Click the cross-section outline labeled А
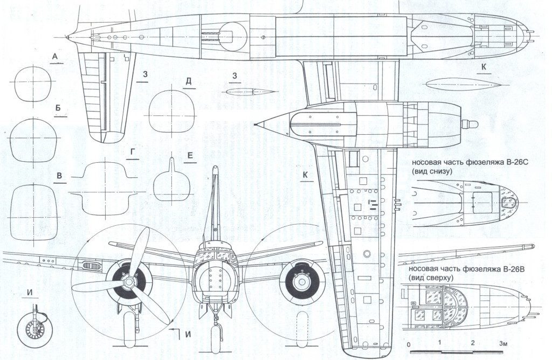(34, 84)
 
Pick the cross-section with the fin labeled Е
(172, 184)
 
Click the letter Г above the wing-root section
(132, 153)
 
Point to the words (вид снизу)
(431, 171)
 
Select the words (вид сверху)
(430, 278)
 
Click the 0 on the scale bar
(409, 344)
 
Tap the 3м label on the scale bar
(504, 343)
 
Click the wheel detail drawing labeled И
(33, 326)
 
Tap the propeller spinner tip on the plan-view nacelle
(473, 124)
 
